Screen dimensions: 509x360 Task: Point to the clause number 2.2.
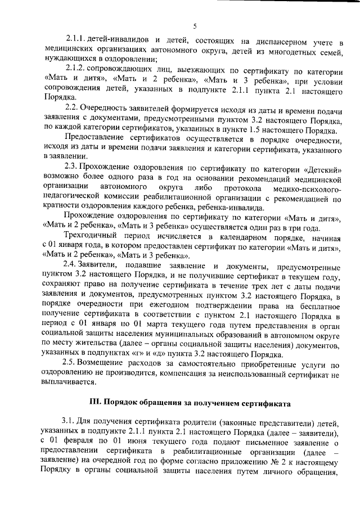[71, 107]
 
